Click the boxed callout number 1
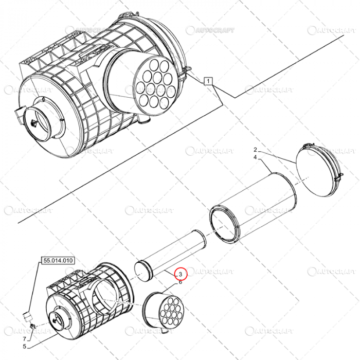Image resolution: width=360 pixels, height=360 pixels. pyautogui.click(x=208, y=81)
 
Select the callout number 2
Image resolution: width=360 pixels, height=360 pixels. pyautogui.click(x=255, y=150)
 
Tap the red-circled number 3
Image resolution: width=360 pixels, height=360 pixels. pyautogui.click(x=181, y=274)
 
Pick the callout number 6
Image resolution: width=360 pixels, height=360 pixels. pyautogui.click(x=181, y=282)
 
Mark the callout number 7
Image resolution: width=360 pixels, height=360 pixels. pyautogui.click(x=23, y=339)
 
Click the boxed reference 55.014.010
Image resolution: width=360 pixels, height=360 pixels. pyautogui.click(x=57, y=261)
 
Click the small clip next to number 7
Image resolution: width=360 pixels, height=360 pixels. pyautogui.click(x=32, y=327)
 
